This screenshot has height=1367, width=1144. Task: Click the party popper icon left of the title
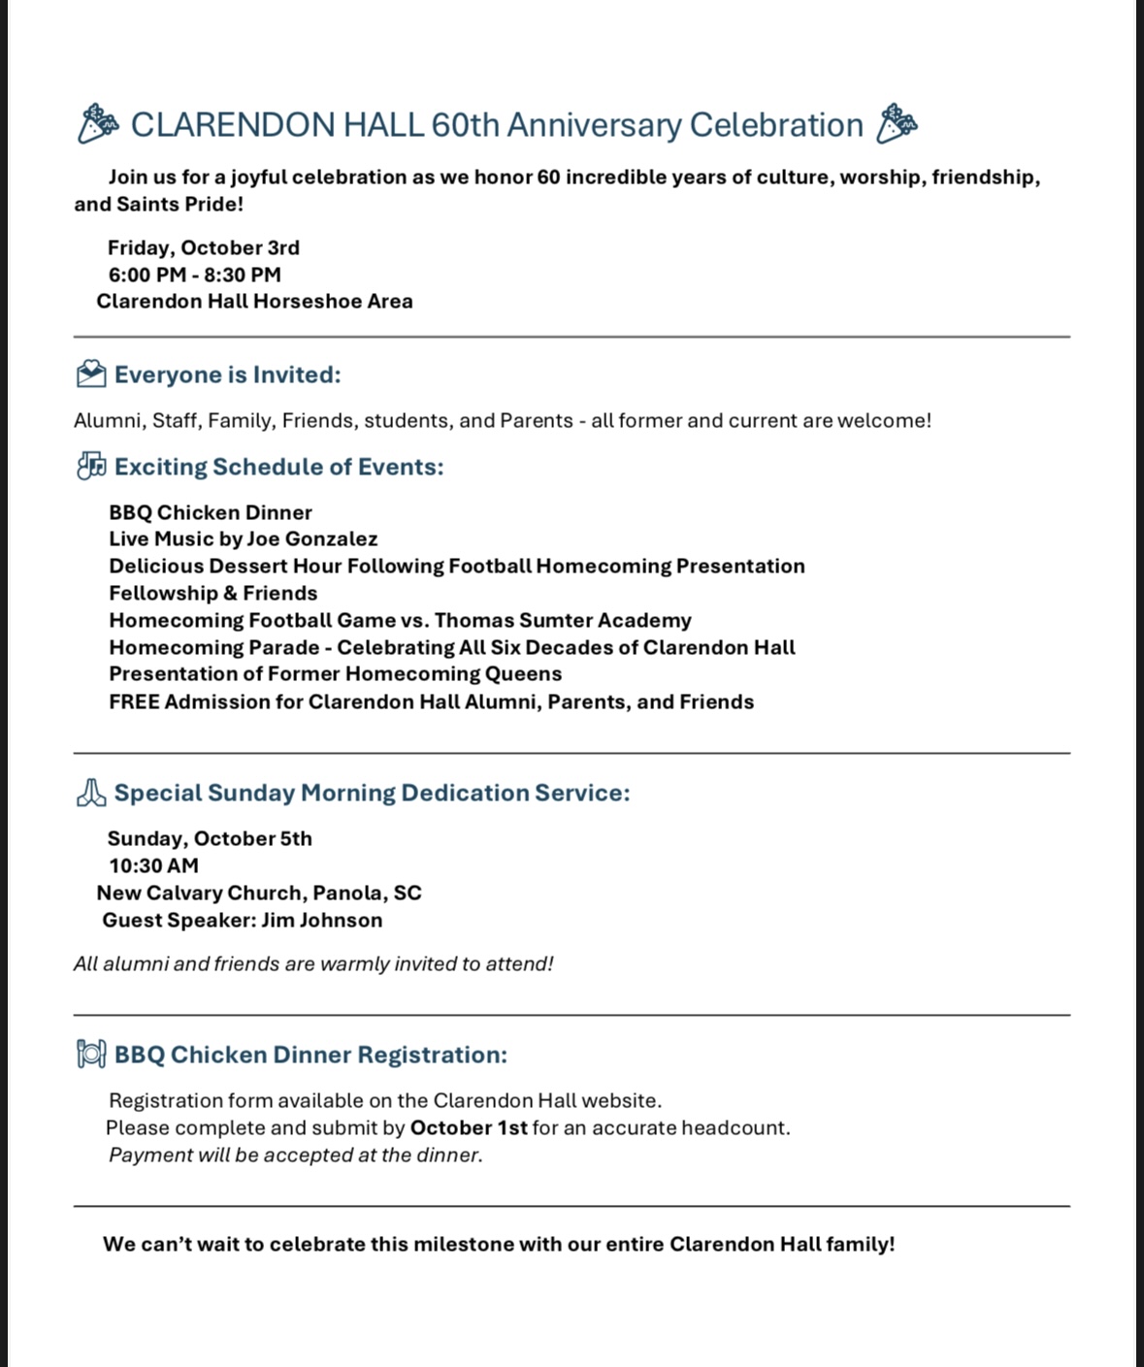tap(98, 124)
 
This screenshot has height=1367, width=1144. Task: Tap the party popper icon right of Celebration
tap(897, 124)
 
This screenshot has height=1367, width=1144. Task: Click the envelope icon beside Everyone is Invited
tap(91, 374)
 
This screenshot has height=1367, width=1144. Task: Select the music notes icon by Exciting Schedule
tap(91, 467)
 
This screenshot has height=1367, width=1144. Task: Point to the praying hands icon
tap(91, 793)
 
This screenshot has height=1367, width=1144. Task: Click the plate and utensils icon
tap(91, 1055)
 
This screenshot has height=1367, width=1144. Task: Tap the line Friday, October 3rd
tap(204, 247)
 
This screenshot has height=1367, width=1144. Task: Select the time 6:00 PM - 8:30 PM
tap(195, 275)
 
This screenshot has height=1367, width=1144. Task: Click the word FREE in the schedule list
tap(134, 701)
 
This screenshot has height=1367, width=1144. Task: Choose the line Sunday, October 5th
tap(210, 838)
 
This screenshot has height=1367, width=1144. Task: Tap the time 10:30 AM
tap(153, 865)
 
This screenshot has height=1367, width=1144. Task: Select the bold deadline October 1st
tap(469, 1127)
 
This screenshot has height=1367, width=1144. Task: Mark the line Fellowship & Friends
tap(213, 593)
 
